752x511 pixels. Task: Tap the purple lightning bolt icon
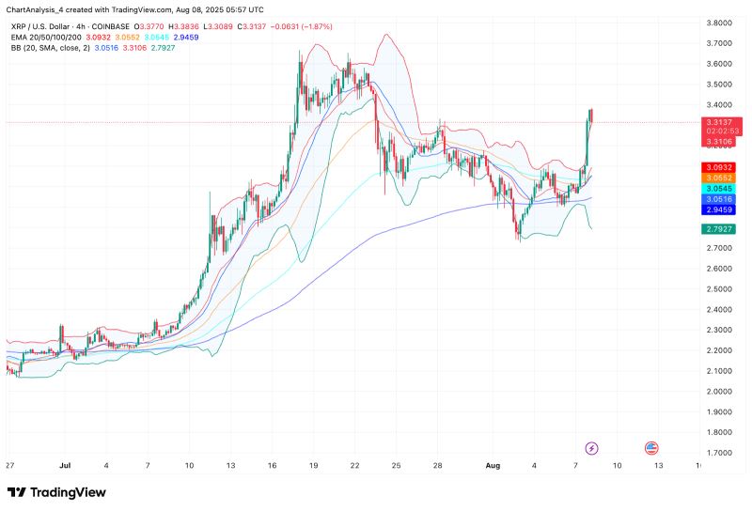[x=592, y=448]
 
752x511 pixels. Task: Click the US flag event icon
[x=650, y=448]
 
